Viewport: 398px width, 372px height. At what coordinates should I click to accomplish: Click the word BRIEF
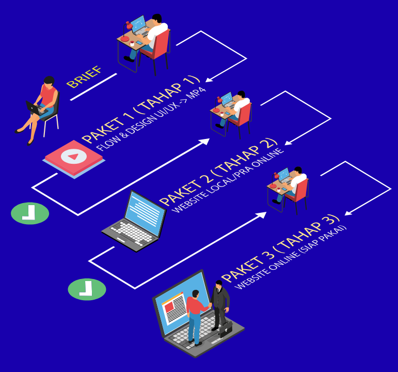pyautogui.click(x=84, y=77)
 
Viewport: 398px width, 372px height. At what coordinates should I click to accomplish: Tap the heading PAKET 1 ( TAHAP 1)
pyautogui.click(x=140, y=110)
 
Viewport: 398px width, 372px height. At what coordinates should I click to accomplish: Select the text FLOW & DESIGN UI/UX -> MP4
pyautogui.click(x=151, y=118)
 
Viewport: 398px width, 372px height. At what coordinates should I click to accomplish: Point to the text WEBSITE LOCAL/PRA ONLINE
pyautogui.click(x=228, y=181)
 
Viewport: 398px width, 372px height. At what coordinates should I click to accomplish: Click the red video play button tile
pyautogui.click(x=73, y=156)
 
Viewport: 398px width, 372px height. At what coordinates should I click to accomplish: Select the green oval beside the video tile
pyautogui.click(x=30, y=213)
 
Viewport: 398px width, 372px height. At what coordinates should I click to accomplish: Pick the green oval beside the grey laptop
pyautogui.click(x=87, y=289)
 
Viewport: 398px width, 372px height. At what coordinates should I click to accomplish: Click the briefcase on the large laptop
pyautogui.click(x=225, y=329)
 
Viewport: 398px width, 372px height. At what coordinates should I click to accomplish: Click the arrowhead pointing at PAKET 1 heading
pyautogui.click(x=209, y=80)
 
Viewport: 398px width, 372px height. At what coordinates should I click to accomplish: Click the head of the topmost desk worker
pyautogui.click(x=157, y=19)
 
